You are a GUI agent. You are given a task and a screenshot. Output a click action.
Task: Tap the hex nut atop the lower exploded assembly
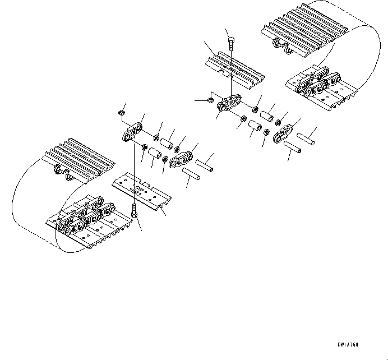point(121,113)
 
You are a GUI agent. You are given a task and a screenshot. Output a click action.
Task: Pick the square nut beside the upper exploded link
point(208,100)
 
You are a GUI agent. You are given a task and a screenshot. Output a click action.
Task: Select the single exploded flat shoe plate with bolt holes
point(140,191)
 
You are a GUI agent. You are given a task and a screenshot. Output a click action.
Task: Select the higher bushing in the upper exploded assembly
point(268,116)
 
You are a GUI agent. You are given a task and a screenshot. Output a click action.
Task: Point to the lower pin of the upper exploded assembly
point(295,149)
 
